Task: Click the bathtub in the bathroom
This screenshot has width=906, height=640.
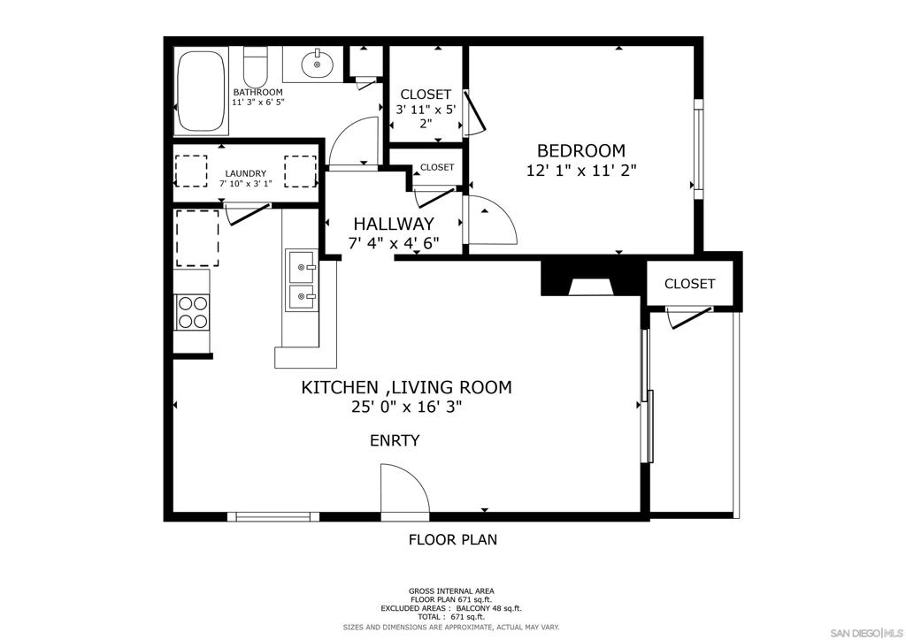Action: (201, 91)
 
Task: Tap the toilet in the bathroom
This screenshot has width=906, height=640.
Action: (255, 66)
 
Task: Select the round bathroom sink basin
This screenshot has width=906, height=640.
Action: (317, 64)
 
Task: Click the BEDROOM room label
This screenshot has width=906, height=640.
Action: (581, 150)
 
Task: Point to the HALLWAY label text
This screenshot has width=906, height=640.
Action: (394, 224)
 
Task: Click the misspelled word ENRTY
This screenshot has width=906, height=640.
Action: (395, 440)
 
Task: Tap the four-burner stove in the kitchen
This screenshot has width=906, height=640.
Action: (192, 312)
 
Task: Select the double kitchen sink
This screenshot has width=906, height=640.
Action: (302, 280)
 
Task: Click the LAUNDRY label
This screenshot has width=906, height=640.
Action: (246, 173)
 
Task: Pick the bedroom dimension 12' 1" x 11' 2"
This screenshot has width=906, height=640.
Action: (581, 171)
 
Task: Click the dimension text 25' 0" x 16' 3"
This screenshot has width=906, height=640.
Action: (407, 407)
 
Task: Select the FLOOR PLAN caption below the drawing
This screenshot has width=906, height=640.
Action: (453, 539)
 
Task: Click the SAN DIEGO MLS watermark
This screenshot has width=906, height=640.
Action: (866, 633)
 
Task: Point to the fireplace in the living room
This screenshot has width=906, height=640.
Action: (590, 278)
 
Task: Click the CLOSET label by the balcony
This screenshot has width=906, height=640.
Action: (690, 284)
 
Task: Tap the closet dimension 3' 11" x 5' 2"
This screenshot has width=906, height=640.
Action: (426, 116)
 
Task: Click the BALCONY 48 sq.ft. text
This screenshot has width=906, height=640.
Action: (488, 608)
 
